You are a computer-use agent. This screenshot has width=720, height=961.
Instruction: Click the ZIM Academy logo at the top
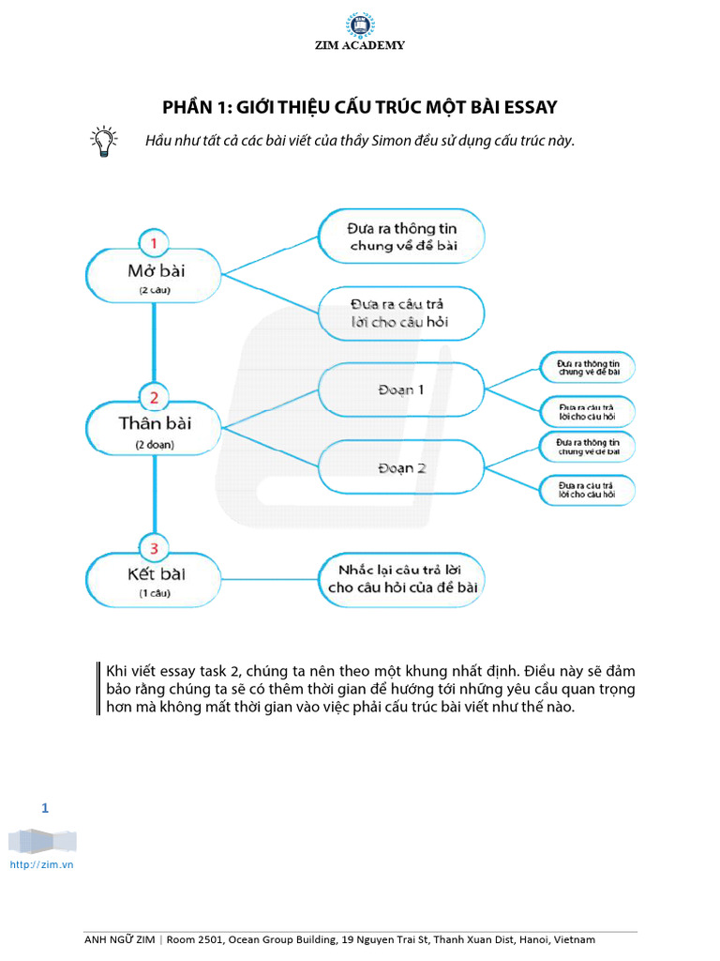pyautogui.click(x=360, y=25)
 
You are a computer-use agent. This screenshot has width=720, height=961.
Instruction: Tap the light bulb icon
pyautogui.click(x=103, y=141)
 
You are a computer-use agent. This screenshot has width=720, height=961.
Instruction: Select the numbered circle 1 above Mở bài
pyautogui.click(x=154, y=245)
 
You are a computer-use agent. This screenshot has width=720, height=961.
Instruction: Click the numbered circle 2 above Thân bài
pyautogui.click(x=154, y=397)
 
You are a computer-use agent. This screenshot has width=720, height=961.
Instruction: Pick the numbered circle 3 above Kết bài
pyautogui.click(x=154, y=547)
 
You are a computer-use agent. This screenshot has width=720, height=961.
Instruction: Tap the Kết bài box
pyautogui.click(x=154, y=578)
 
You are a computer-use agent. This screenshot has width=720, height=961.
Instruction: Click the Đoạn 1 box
pyautogui.click(x=401, y=389)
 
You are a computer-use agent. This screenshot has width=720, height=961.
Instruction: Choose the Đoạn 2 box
pyautogui.click(x=401, y=468)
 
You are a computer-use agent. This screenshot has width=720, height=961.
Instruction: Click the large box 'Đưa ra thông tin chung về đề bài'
pyautogui.click(x=401, y=236)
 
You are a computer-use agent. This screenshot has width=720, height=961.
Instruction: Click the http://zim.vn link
pyautogui.click(x=41, y=864)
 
